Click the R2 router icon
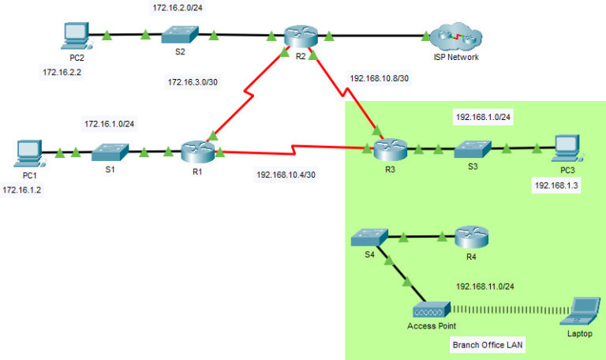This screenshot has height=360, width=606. (298, 36)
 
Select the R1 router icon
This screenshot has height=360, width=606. (192, 150)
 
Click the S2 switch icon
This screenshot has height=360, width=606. (179, 35)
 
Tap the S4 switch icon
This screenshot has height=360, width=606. (368, 234)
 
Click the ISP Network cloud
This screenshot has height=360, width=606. (456, 36)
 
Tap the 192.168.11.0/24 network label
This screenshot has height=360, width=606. (490, 287)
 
